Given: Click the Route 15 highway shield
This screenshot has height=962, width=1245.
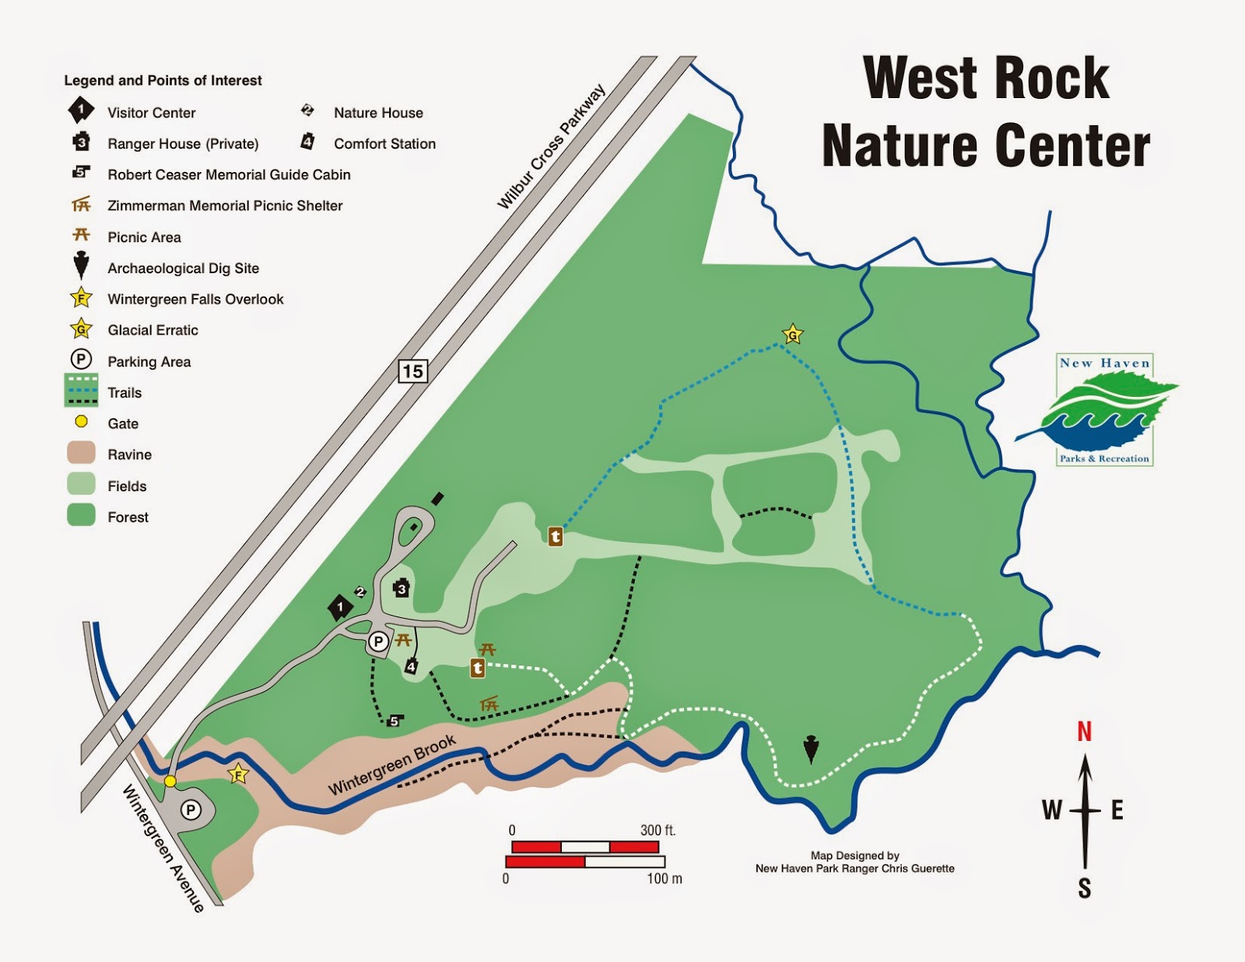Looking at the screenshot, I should click(412, 371).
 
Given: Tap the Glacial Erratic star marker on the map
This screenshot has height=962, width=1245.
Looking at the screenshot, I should click(792, 335).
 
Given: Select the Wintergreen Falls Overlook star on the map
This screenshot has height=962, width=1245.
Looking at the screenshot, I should click(238, 774).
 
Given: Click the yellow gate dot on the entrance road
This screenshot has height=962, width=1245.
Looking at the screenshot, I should click(170, 781).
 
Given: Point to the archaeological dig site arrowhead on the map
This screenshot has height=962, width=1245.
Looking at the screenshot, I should click(811, 748).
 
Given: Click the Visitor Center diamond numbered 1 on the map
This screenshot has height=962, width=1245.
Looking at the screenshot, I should click(340, 607).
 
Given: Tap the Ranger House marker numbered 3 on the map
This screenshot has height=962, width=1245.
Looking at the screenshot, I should click(402, 588).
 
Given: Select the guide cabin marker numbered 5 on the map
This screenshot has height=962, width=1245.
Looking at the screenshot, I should click(394, 721).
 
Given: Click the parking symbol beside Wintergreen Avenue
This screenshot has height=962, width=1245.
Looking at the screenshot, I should click(191, 810).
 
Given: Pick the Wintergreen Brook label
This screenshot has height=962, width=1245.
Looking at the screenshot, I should click(392, 765).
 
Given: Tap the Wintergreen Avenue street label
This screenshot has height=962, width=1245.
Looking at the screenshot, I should click(163, 848).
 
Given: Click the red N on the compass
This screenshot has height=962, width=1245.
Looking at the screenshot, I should click(1084, 732).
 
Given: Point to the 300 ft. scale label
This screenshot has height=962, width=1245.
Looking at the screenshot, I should click(658, 830).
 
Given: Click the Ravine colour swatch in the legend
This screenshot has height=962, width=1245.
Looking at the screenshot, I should click(81, 454).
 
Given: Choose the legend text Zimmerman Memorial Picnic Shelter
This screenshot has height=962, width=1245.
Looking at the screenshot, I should click(225, 205).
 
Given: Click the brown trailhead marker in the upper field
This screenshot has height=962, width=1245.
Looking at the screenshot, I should click(555, 536).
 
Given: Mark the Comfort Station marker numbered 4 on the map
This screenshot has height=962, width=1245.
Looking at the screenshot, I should click(411, 666).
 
